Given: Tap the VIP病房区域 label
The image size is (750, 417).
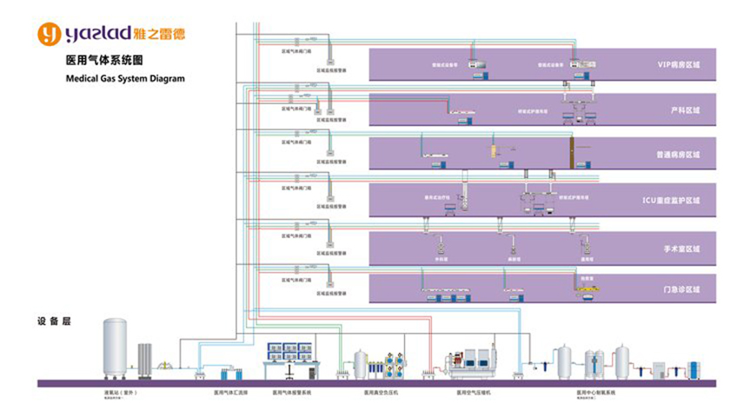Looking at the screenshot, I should pyautogui.click(x=678, y=65).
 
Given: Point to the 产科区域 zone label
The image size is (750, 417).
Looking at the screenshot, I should pyautogui.click(x=685, y=110).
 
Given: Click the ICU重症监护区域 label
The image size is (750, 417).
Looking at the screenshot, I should pyautogui.click(x=670, y=200).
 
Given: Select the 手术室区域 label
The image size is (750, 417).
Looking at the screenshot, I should pyautogui.click(x=681, y=248).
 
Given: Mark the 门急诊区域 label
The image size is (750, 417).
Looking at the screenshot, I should pyautogui.click(x=682, y=288).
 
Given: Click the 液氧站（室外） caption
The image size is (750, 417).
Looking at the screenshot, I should pyautogui.click(x=119, y=393).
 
